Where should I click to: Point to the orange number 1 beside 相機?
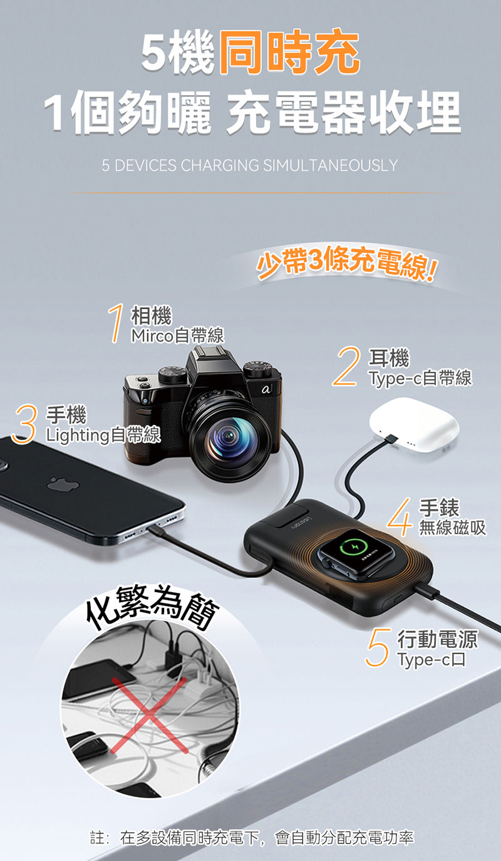click(116, 323)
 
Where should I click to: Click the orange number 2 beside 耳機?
click(346, 365)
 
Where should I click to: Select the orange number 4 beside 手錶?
click(400, 516)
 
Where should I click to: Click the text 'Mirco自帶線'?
click(177, 335)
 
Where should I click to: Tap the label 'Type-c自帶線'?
click(420, 378)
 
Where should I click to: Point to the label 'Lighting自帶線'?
click(103, 435)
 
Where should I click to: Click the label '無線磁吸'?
click(453, 527)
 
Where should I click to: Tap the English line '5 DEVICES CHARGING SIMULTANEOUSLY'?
click(250, 165)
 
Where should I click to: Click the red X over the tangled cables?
click(150, 715)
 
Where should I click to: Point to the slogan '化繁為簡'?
click(152, 607)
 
